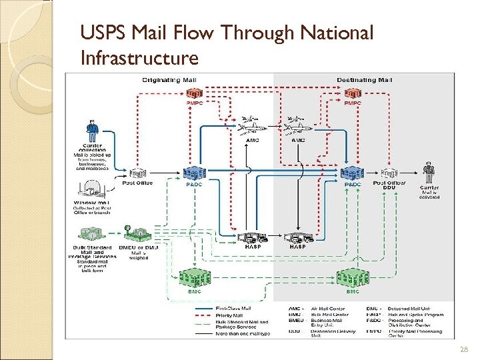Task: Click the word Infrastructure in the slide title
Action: (139, 58)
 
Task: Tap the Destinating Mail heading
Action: (365, 80)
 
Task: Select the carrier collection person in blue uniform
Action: (91, 131)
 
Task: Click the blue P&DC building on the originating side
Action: (193, 173)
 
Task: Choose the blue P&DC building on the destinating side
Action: (352, 173)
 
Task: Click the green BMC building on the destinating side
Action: (352, 277)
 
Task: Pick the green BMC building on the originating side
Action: (194, 277)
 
